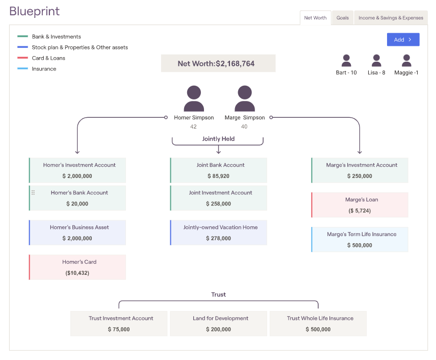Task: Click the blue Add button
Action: (x=403, y=40)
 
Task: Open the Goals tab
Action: (x=342, y=18)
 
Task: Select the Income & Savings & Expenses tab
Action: (x=391, y=18)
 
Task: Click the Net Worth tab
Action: (x=315, y=18)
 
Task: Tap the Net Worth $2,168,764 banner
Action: (x=218, y=63)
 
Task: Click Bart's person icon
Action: (x=346, y=61)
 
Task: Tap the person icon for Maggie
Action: (x=406, y=61)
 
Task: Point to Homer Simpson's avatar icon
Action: (x=194, y=98)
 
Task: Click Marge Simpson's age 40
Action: (x=244, y=126)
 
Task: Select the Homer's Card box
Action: (x=78, y=267)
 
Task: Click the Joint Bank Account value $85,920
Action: (x=218, y=176)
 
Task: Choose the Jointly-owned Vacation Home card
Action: (x=219, y=233)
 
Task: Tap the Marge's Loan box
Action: (x=360, y=205)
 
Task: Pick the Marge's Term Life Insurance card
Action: (x=360, y=240)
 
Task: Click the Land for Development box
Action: (x=219, y=324)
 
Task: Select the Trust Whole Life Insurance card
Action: (x=318, y=324)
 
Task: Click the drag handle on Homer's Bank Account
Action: (x=33, y=192)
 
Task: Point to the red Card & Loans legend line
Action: (x=22, y=58)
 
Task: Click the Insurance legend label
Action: (x=44, y=69)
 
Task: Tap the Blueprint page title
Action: (x=35, y=11)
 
